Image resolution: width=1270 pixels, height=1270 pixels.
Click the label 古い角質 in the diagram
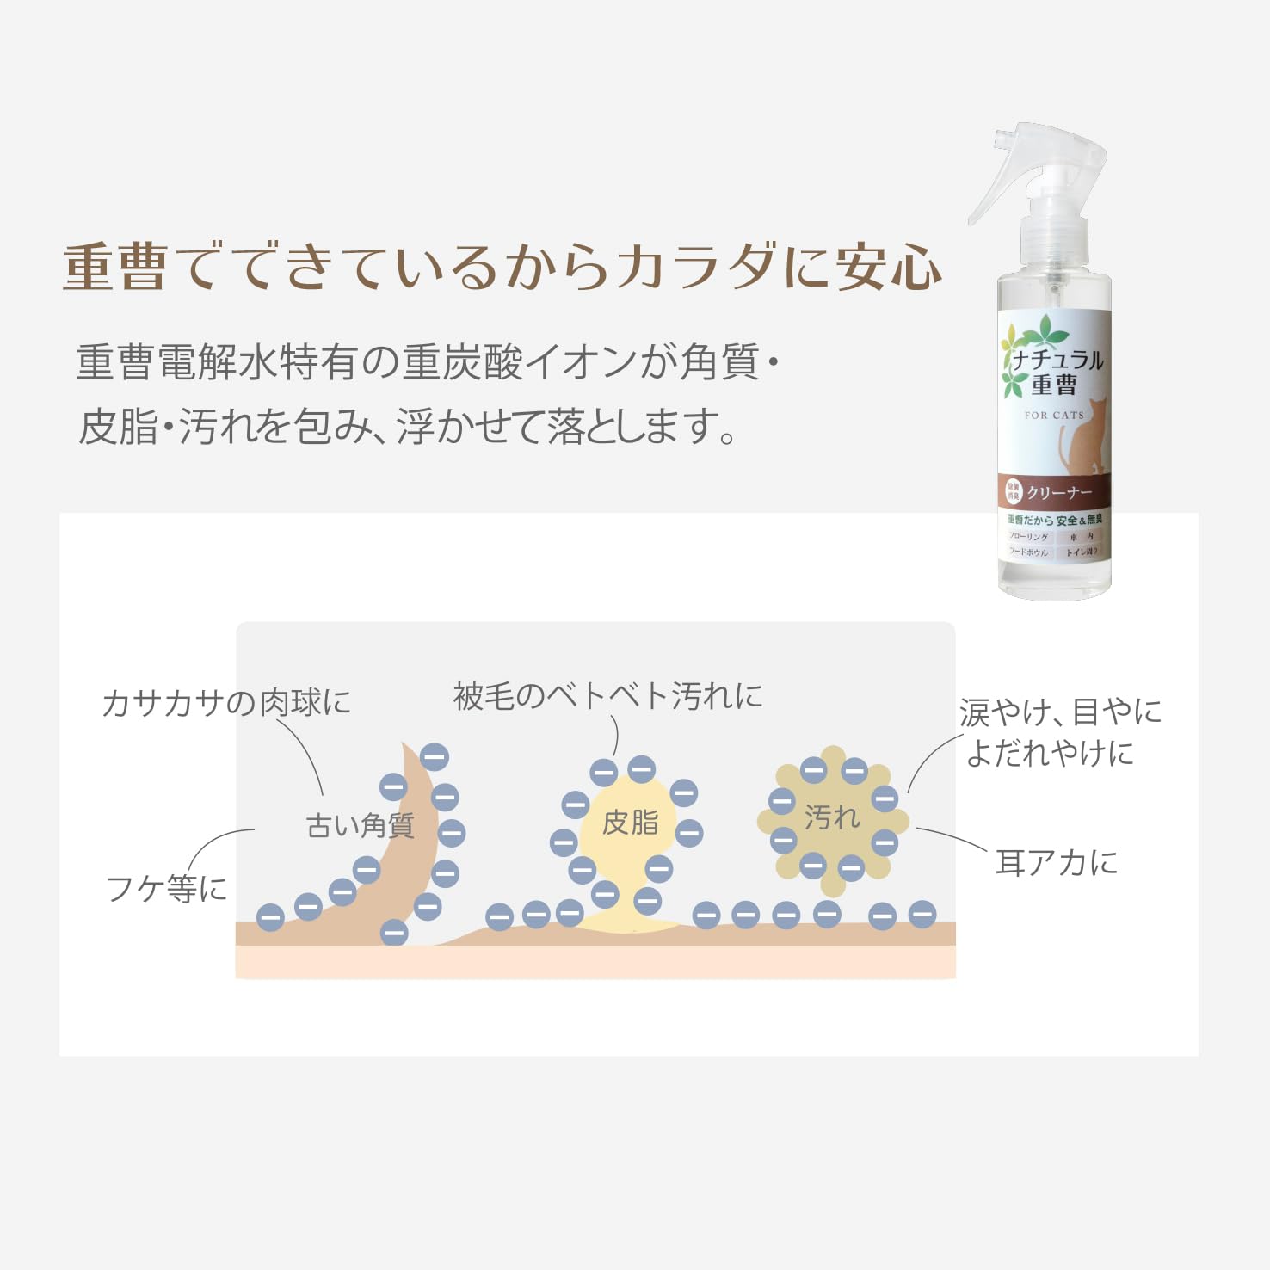pos(360,826)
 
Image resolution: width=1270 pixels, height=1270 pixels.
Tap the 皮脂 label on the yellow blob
pos(630,823)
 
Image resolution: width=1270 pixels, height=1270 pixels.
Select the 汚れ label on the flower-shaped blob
pos(832,817)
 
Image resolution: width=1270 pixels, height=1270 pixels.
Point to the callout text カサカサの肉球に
pos(226,703)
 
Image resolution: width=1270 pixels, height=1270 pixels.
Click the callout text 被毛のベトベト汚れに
pos(607,696)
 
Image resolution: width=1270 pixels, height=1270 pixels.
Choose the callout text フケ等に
pos(166,888)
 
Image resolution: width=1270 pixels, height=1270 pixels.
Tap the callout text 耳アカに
pos(1057,862)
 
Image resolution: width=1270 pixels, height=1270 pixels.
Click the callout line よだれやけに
pos(1050,753)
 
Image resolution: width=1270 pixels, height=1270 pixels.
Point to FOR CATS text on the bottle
pos(1054,415)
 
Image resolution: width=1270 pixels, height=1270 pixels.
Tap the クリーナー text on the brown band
pos(1059,493)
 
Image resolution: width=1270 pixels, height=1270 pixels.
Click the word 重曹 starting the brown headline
pos(114,267)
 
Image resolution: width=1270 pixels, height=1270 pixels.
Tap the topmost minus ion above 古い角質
pos(434,757)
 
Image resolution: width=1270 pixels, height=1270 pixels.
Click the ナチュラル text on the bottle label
pos(1057,360)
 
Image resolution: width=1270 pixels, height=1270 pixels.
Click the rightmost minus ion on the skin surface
pos(922,914)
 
